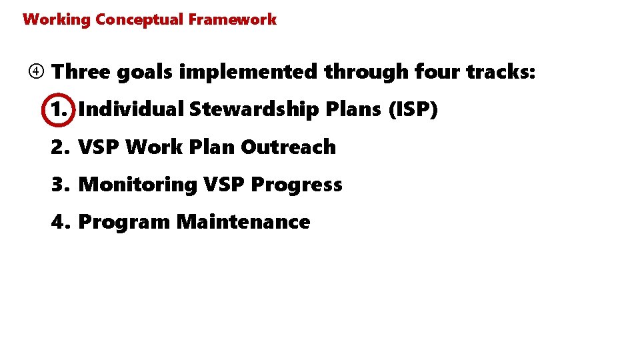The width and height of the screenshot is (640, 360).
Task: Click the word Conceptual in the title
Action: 139,19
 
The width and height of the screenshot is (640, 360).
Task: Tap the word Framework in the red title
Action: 232,19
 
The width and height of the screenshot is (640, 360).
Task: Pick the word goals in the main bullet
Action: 145,71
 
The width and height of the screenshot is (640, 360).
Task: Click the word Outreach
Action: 288,147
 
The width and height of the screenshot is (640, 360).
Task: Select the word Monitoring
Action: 138,185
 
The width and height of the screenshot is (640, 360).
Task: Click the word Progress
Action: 297,185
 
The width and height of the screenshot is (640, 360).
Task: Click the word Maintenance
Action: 243,222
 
